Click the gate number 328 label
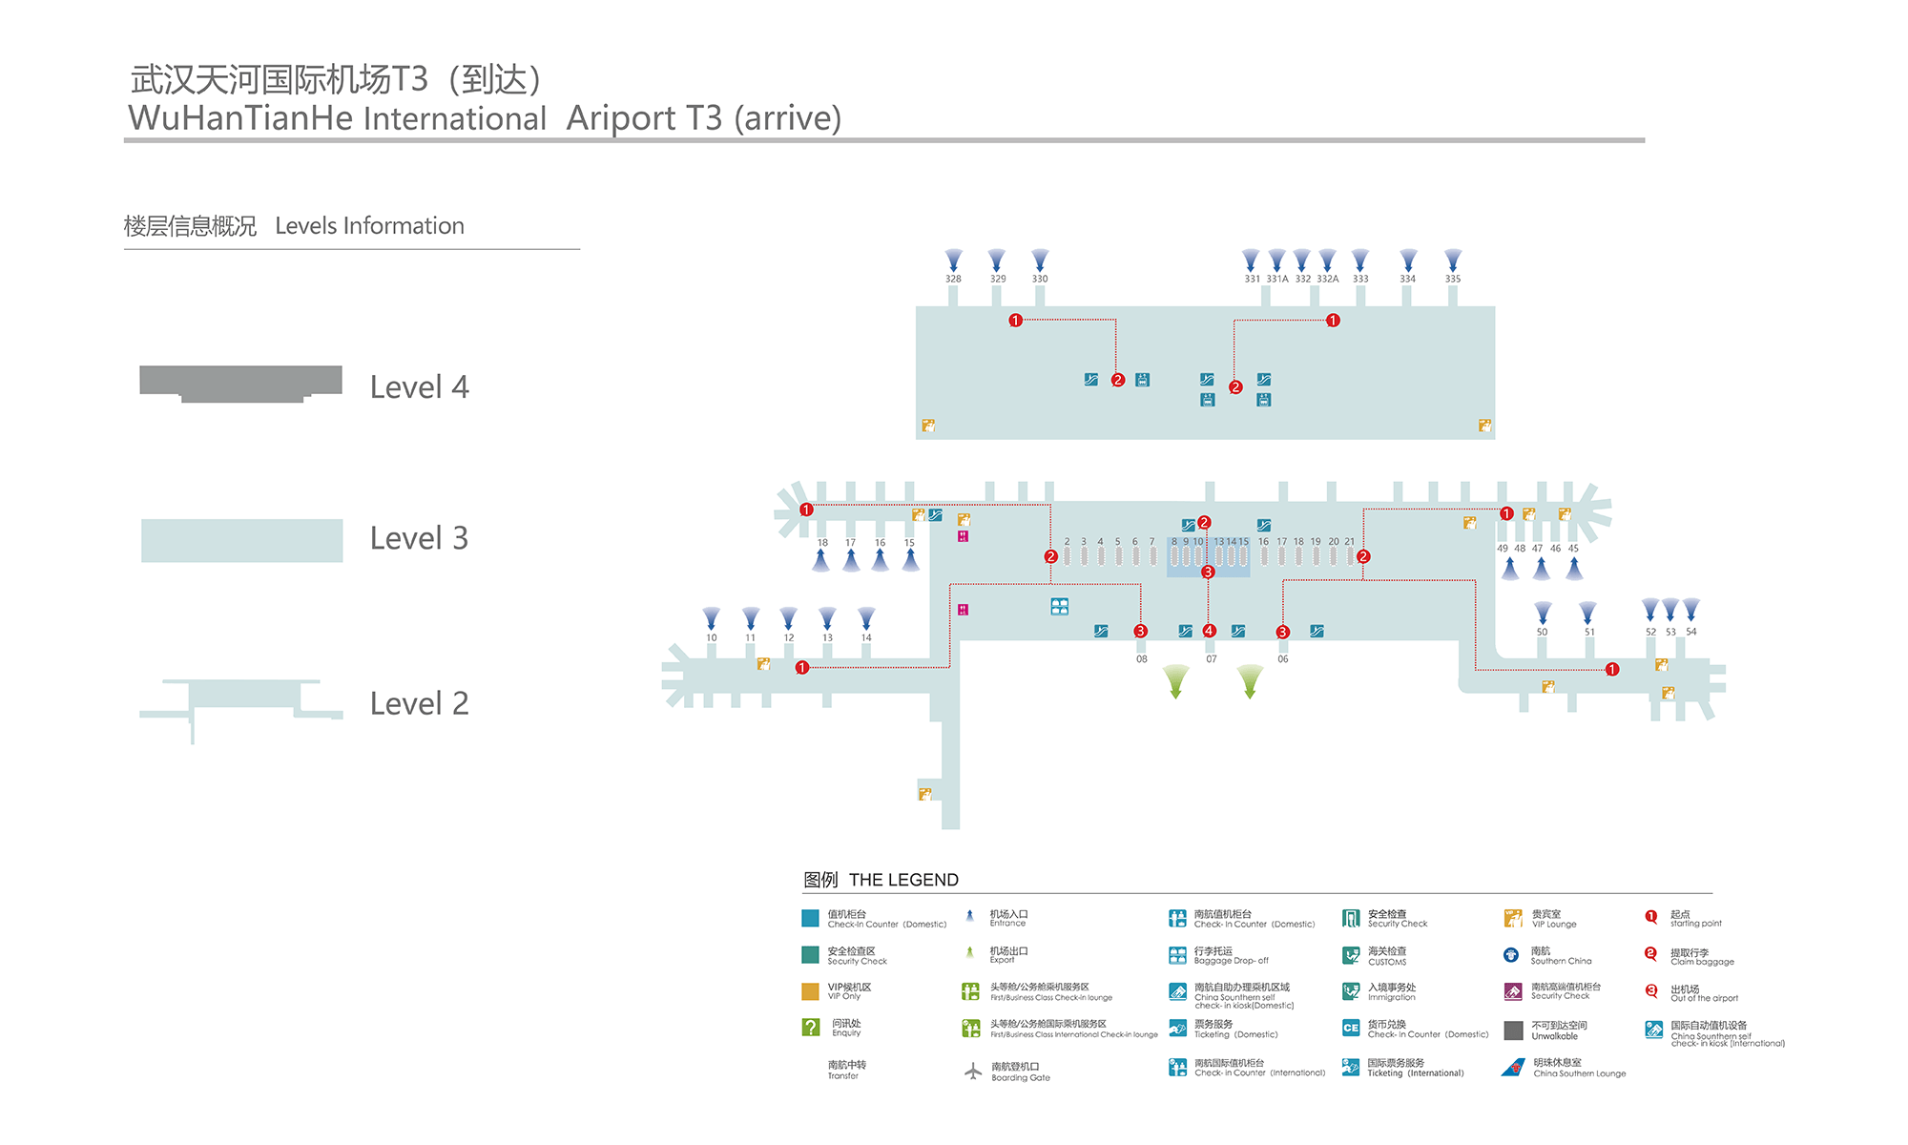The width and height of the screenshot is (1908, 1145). [953, 279]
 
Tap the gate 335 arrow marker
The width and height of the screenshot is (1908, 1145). [1452, 260]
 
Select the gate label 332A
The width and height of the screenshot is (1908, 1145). [1327, 279]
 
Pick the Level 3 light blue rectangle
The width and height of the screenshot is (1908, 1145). [241, 540]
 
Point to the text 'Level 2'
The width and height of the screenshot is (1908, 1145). [419, 703]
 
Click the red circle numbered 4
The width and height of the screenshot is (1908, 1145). [1209, 631]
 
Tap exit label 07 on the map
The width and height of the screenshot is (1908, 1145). [1211, 658]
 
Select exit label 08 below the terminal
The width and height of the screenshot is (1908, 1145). [1141, 658]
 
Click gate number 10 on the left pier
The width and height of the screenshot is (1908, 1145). [712, 637]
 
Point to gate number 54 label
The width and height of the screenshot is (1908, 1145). [1691, 632]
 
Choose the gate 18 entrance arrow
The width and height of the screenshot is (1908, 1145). [821, 561]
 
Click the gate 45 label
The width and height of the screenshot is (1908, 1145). [1573, 549]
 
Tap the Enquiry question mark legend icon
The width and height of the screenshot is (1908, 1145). [811, 1028]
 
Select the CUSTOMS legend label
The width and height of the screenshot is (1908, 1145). [1387, 962]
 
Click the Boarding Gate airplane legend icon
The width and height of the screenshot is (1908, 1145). [972, 1072]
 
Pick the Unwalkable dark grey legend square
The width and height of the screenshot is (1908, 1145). [1513, 1030]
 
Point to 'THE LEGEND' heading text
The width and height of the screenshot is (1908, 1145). [903, 880]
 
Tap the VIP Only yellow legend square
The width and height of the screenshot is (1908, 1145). [810, 991]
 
